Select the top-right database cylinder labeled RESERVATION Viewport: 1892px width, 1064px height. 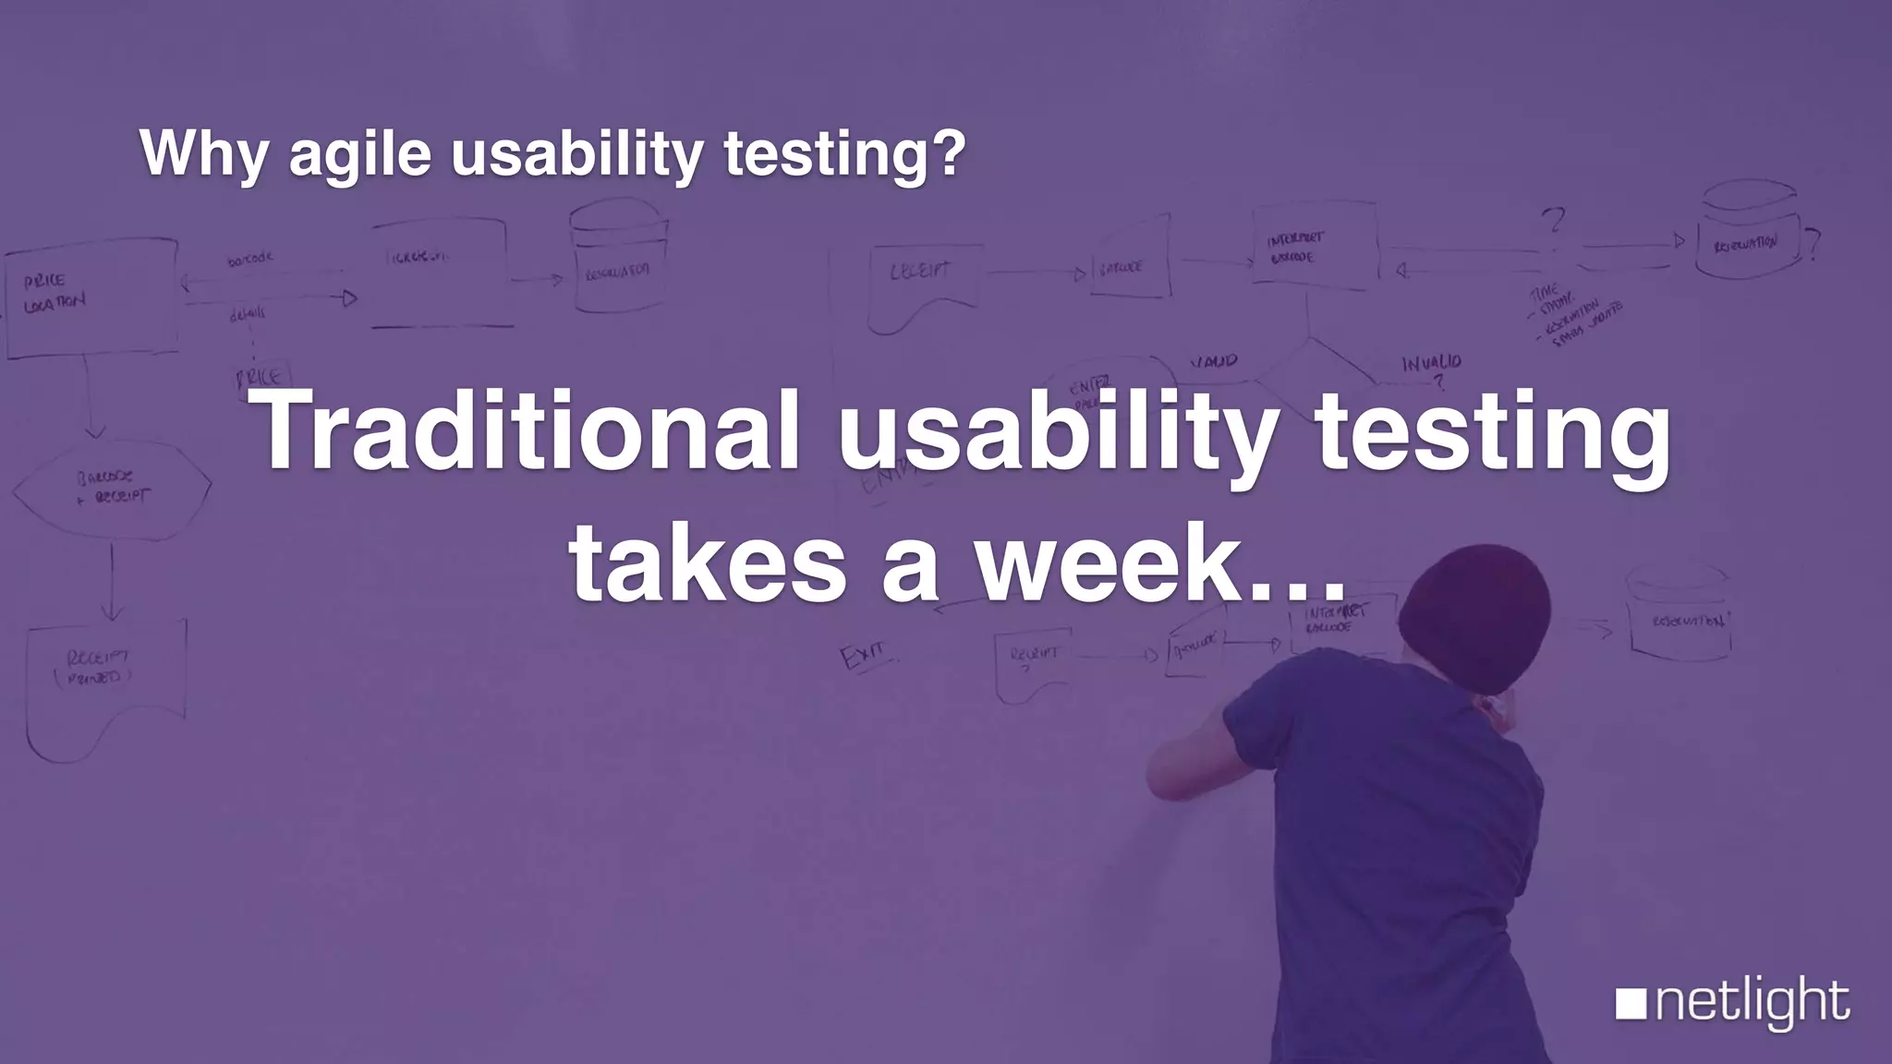point(1746,231)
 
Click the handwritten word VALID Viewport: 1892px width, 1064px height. point(1213,361)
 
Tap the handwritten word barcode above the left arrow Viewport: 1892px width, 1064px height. point(249,260)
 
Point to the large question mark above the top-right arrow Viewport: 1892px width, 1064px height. point(1553,222)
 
